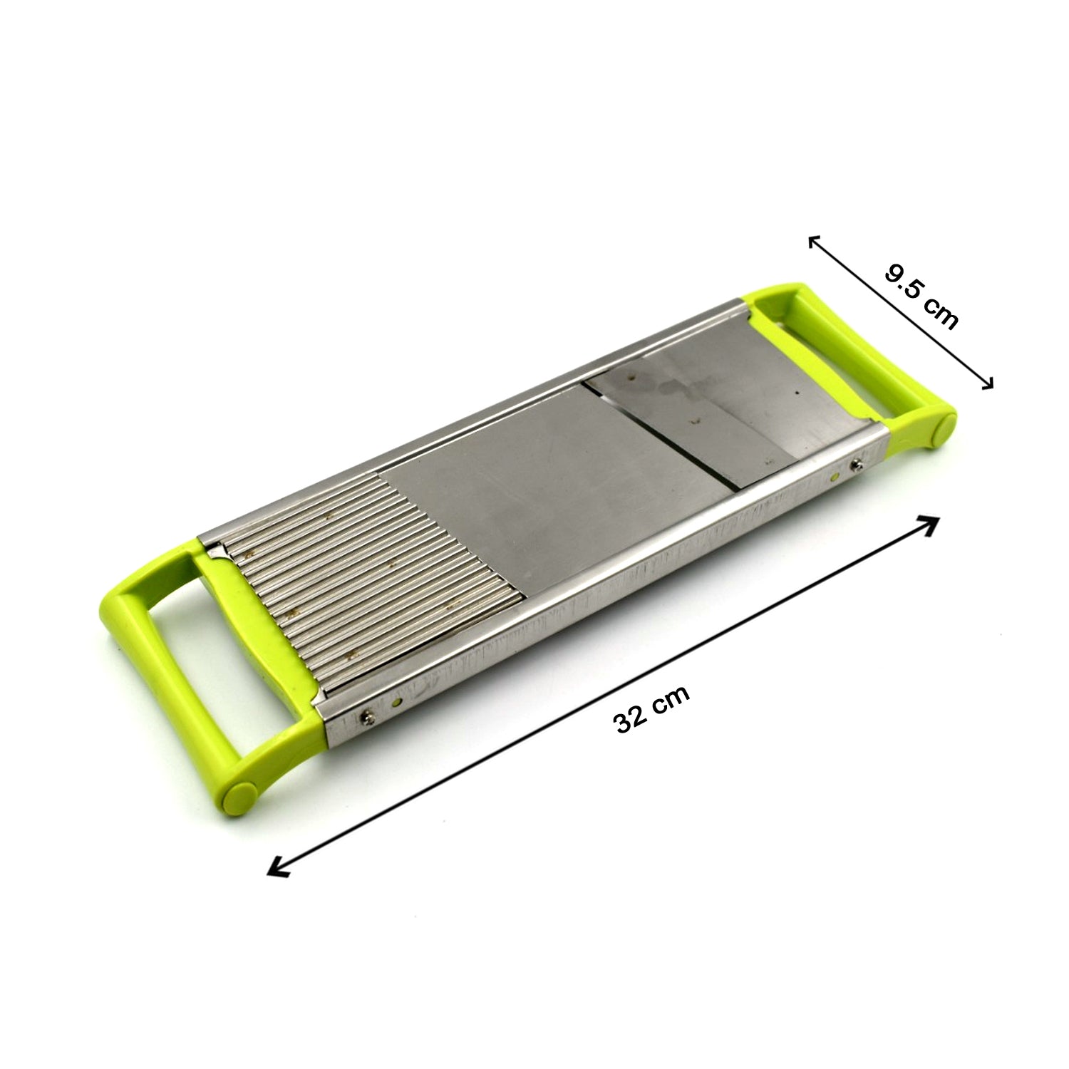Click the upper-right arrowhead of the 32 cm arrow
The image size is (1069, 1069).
point(930,522)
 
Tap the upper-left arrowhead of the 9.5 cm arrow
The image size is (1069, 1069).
point(813,240)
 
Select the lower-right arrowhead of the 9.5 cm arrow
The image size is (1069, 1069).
point(987,385)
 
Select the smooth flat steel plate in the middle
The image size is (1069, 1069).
point(542,499)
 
